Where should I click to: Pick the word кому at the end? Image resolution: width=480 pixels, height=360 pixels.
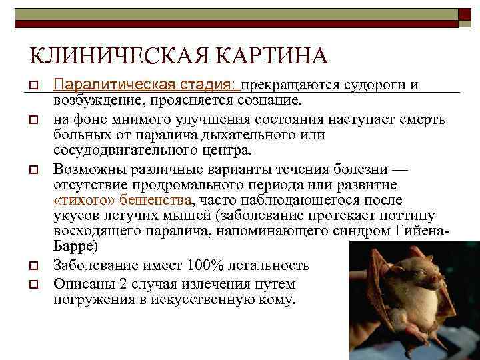point(277,299)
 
